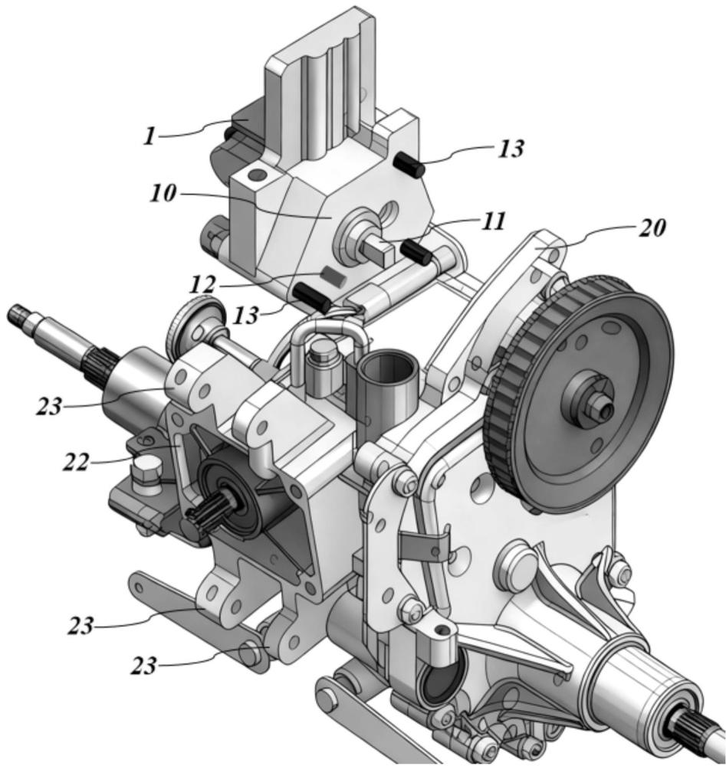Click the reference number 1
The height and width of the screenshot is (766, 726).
click(150, 137)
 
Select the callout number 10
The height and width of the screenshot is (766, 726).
click(163, 194)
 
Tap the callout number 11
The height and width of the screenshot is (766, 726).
click(493, 222)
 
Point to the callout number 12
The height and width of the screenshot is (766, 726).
click(202, 286)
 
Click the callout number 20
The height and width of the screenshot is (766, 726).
click(652, 228)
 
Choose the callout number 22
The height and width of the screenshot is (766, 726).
click(76, 463)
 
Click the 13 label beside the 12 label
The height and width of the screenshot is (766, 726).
click(246, 316)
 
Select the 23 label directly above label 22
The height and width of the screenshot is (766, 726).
click(49, 406)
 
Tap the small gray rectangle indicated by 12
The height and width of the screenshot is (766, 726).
click(335, 276)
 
